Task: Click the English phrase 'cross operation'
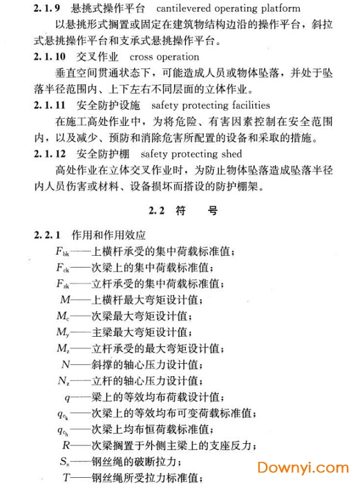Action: coord(164,57)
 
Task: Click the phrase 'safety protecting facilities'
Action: coord(210,105)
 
